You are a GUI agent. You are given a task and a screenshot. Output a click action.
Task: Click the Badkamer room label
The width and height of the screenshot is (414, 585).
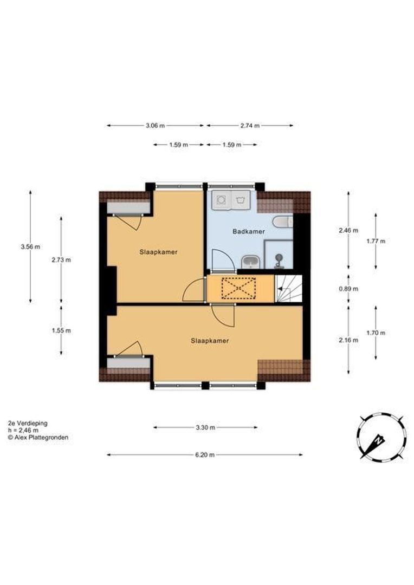(x=249, y=231)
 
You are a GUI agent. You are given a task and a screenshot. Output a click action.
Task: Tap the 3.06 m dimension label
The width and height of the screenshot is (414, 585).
(x=155, y=126)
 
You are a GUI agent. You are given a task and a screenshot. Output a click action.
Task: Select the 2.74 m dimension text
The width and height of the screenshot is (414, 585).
(x=250, y=126)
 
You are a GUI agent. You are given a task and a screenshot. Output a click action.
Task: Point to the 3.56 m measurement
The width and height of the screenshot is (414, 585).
(x=30, y=246)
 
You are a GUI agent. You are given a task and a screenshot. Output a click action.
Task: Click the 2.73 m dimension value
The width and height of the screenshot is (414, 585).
(x=61, y=260)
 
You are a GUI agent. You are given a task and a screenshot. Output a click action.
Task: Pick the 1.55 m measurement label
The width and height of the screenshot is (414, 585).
(x=61, y=330)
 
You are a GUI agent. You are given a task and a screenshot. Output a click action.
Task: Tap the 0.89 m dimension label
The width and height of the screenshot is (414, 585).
(x=348, y=289)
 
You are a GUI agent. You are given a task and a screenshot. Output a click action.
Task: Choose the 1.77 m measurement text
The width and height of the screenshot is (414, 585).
(x=376, y=241)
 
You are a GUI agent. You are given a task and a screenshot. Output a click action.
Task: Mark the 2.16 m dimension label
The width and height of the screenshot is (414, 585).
(x=348, y=340)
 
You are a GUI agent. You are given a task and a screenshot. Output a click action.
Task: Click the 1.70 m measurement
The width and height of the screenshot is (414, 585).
(x=376, y=333)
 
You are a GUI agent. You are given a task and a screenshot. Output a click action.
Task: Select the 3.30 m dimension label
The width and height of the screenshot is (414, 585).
(x=205, y=427)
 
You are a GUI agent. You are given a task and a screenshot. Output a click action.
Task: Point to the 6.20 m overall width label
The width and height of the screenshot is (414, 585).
(x=205, y=455)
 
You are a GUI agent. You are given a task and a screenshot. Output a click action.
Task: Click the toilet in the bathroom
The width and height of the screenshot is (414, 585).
(x=283, y=223)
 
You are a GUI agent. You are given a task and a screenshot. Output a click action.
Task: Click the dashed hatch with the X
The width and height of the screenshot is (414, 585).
(x=238, y=288)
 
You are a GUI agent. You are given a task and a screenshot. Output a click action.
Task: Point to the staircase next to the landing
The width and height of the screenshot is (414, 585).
(x=289, y=288)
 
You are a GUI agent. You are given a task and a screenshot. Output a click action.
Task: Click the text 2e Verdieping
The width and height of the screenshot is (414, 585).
(x=28, y=424)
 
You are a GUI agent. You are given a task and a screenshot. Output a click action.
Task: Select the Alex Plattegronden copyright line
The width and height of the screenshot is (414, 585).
(x=38, y=438)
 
